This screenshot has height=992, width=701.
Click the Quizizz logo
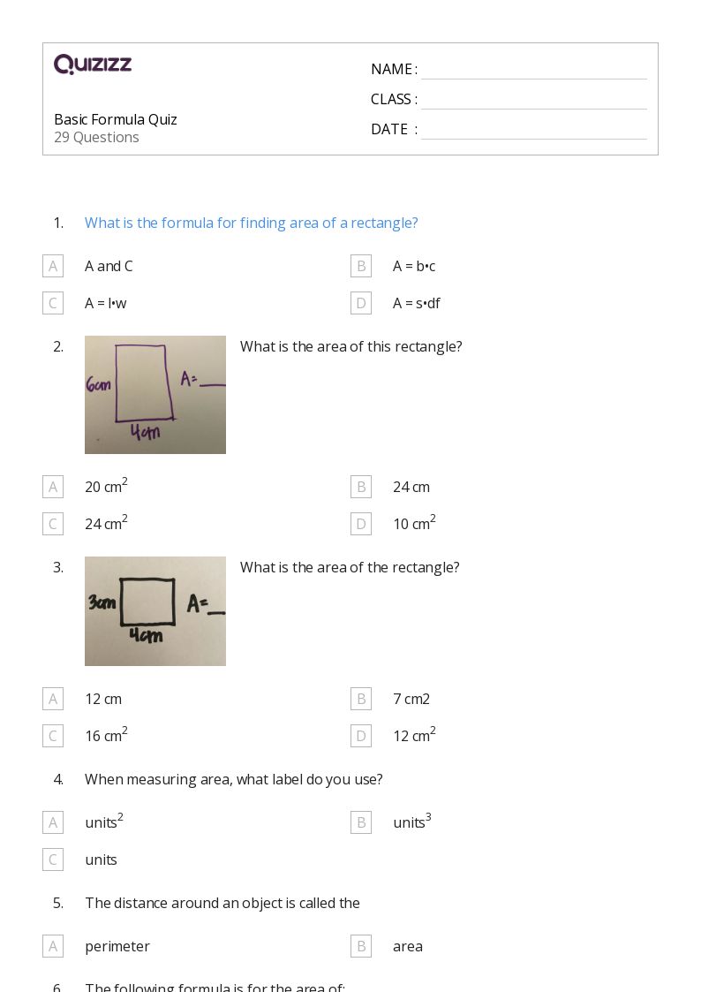(x=93, y=64)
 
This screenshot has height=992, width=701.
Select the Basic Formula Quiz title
(x=116, y=119)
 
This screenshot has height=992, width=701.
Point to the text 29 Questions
(x=96, y=137)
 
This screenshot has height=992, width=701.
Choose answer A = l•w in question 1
(x=105, y=303)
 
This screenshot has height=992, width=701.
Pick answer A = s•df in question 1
(x=416, y=303)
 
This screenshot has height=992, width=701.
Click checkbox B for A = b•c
(x=360, y=266)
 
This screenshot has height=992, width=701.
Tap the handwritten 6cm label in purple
(x=98, y=385)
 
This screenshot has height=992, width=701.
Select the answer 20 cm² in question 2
(x=106, y=486)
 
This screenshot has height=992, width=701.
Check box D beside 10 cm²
(x=360, y=524)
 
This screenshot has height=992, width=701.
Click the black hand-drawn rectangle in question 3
(x=147, y=602)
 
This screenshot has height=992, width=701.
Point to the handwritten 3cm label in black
(x=102, y=602)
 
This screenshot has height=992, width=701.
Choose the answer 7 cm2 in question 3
(x=411, y=699)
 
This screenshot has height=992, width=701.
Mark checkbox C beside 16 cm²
(x=53, y=736)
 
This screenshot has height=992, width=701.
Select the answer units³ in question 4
(x=411, y=822)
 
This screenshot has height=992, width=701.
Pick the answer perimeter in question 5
(x=117, y=946)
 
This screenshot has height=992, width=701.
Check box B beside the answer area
(x=360, y=946)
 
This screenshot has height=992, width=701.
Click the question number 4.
(x=58, y=779)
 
